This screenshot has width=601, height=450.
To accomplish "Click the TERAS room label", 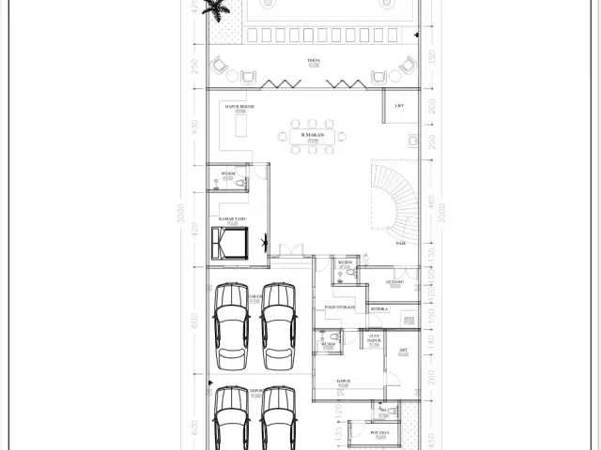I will (313, 61).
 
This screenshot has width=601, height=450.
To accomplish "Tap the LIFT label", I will (400, 106).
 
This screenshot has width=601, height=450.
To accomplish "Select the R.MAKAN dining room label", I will (310, 135).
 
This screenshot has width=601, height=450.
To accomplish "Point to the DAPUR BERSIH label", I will (239, 107).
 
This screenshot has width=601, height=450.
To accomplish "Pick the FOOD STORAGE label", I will (339, 307).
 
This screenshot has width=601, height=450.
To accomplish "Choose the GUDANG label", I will (394, 280).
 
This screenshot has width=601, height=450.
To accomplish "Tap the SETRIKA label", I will (379, 307).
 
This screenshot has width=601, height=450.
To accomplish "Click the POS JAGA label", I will (379, 432).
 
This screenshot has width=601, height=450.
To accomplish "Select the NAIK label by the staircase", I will (401, 243).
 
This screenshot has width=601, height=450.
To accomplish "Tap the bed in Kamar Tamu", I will (231, 244).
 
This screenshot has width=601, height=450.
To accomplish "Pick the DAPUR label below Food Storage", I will (343, 380).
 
